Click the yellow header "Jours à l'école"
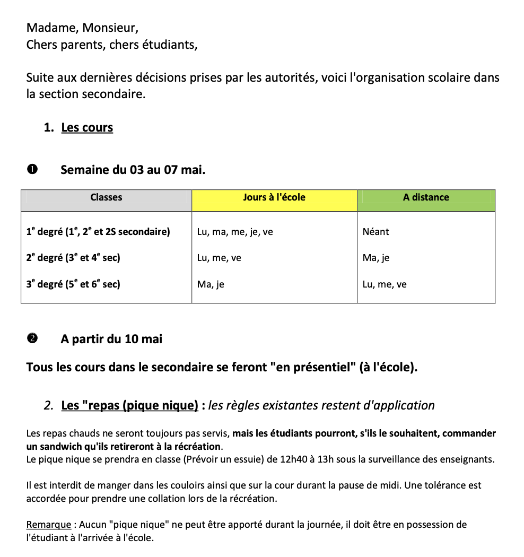click(x=274, y=197)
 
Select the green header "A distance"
click(x=426, y=197)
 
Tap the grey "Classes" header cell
click(x=106, y=197)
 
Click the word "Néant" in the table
click(x=375, y=232)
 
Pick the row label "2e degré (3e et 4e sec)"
click(x=73, y=258)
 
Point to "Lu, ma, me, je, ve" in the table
click(x=235, y=232)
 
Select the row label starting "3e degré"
click(x=73, y=284)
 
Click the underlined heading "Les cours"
click(x=87, y=128)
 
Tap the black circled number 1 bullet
click(x=32, y=170)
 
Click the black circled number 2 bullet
click(x=32, y=338)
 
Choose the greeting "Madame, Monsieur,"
click(x=82, y=27)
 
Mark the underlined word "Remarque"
click(x=48, y=525)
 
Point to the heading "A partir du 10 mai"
click(x=111, y=339)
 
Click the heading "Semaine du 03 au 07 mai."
click(x=133, y=170)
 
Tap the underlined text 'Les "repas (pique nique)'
click(x=129, y=406)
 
